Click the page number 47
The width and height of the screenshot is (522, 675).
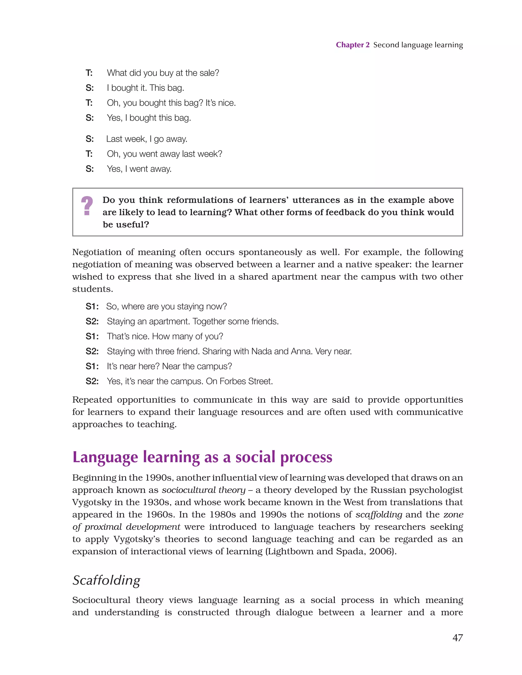point(458,637)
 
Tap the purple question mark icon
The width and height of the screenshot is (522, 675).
point(87,206)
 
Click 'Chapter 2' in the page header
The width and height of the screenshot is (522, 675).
point(353,45)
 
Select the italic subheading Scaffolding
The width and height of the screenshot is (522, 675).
point(106,580)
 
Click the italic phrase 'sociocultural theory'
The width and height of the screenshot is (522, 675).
point(204,490)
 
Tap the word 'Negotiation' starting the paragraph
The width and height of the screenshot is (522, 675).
point(96,252)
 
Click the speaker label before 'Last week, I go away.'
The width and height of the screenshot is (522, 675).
point(89,139)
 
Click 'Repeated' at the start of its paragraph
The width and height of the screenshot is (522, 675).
point(92,400)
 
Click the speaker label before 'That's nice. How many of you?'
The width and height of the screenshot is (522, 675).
point(92,336)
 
